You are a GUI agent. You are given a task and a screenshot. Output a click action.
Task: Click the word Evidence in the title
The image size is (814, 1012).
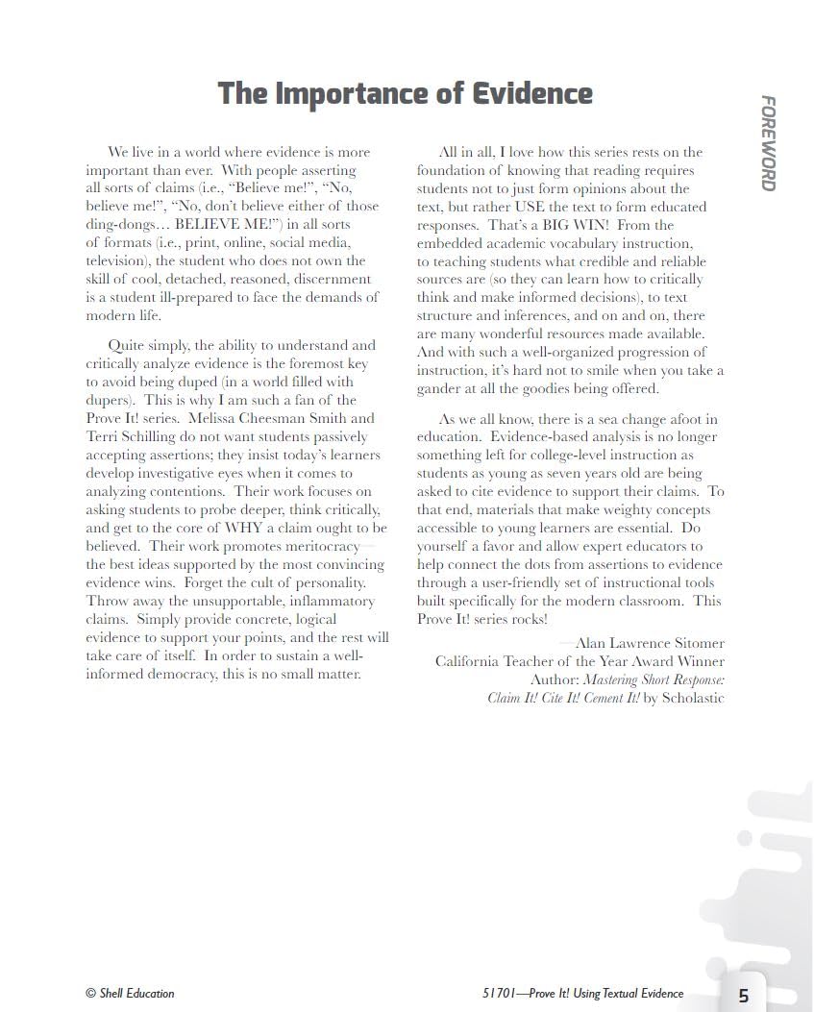point(532,94)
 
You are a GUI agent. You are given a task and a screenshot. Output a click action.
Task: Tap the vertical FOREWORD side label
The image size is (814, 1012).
point(768,143)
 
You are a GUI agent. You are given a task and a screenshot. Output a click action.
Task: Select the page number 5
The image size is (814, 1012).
point(744,996)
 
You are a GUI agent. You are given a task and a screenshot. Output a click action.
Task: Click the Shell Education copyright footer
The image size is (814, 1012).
point(130,993)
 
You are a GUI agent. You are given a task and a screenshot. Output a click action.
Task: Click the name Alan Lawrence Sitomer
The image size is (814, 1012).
point(650,643)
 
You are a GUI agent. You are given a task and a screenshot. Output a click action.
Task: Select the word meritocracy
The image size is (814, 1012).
point(318,546)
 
